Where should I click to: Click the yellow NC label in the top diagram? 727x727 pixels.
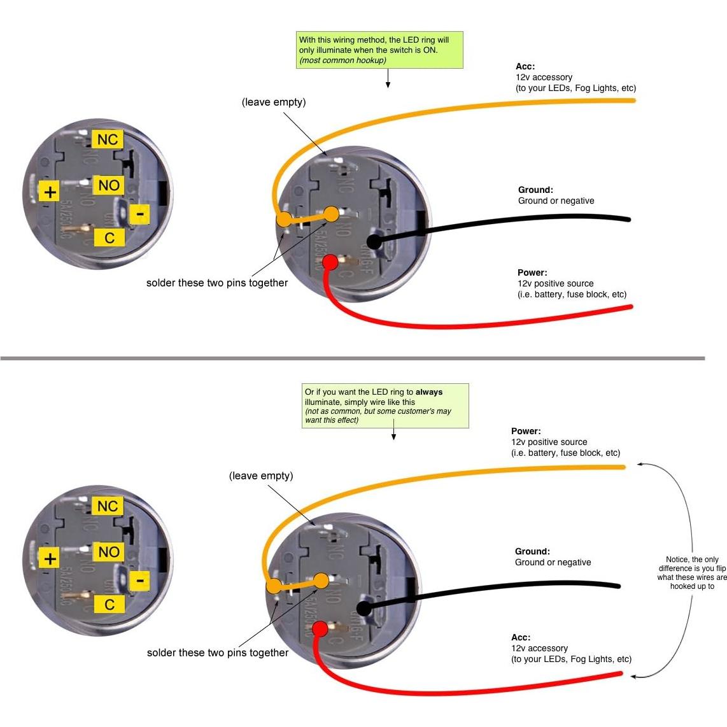[108, 139]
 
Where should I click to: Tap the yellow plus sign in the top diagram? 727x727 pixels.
[50, 191]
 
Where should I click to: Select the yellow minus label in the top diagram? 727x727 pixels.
[140, 214]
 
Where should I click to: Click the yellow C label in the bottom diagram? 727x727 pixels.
[109, 604]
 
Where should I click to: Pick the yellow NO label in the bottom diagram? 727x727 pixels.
[108, 551]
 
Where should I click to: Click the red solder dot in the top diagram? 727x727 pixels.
[330, 262]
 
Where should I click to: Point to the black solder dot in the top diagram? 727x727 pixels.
[374, 242]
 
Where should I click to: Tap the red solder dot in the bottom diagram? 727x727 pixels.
[320, 629]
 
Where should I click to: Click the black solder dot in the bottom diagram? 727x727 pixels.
[363, 609]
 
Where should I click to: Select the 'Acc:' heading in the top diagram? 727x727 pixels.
[525, 66]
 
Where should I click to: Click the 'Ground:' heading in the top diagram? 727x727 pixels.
[535, 190]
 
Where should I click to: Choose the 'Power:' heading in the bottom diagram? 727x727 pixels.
[526, 431]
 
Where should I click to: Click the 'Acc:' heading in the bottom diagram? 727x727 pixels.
[521, 637]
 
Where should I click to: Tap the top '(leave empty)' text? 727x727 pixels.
[274, 102]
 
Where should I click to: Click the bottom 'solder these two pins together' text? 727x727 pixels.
[218, 653]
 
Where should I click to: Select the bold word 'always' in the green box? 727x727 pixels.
[429, 392]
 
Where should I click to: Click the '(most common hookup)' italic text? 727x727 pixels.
[342, 60]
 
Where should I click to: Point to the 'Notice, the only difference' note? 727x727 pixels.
[692, 573]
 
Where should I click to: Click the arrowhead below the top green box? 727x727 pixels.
[388, 85]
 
